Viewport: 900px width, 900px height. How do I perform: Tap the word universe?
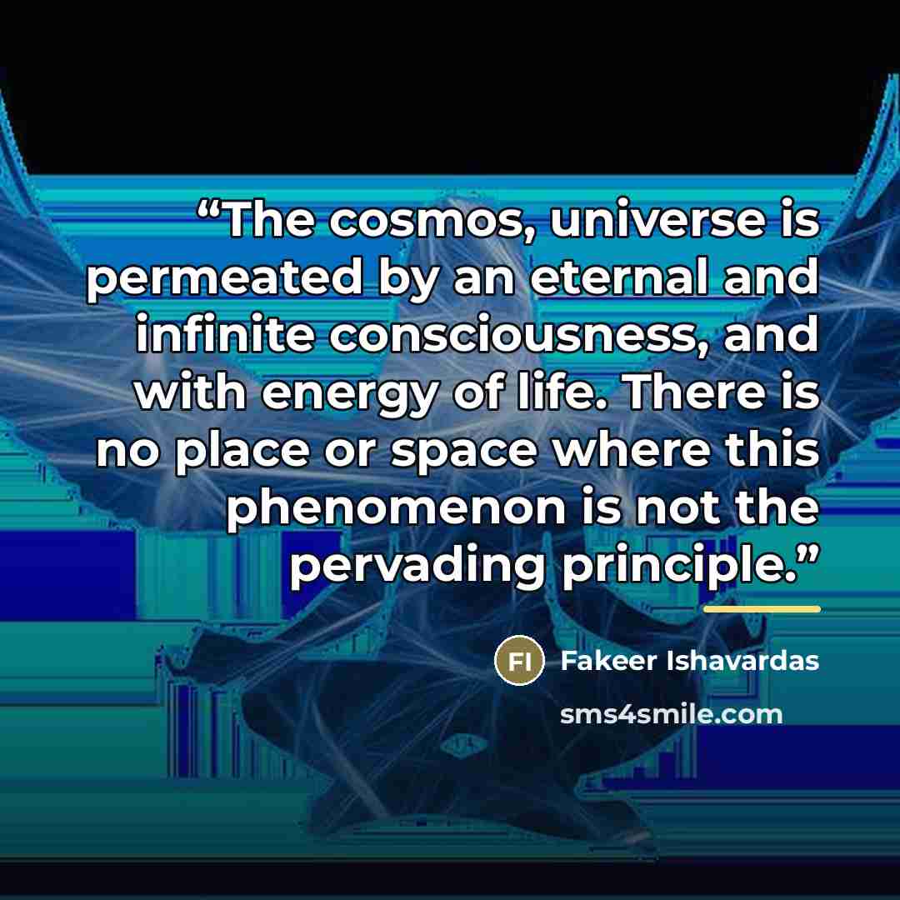[658, 220]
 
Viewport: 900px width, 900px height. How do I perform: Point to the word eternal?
[618, 277]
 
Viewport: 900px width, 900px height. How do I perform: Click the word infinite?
[225, 334]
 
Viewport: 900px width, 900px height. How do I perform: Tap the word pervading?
[418, 567]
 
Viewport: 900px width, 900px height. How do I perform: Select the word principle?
[680, 567]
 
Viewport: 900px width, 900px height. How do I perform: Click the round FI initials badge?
[519, 661]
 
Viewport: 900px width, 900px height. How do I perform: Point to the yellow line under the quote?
[762, 609]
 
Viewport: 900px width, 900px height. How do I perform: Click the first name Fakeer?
[608, 661]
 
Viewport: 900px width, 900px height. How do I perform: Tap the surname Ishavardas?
[742, 661]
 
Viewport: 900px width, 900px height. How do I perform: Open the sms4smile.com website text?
[671, 715]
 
